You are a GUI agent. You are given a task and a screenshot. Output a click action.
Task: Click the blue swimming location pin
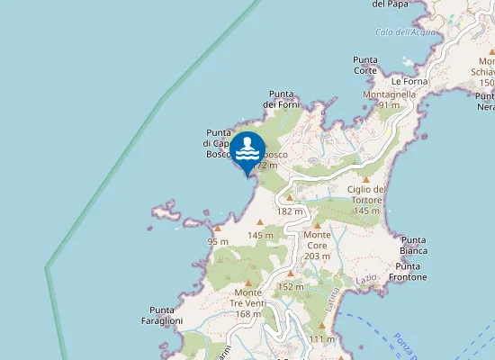tap(247, 151)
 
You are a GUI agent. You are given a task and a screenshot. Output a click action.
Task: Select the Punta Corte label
tap(365, 65)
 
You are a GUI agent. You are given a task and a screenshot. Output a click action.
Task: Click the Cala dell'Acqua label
tap(406, 32)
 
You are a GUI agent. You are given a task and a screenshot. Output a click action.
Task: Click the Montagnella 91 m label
tap(389, 99)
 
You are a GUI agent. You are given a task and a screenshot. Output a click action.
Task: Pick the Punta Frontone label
tap(413, 272)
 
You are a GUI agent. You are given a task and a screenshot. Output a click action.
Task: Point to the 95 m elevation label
tap(218, 242)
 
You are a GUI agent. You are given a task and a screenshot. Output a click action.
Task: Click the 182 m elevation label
tap(290, 211)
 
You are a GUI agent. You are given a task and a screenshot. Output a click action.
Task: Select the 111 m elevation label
tap(321, 338)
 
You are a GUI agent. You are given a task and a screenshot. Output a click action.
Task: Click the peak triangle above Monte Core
tap(318, 225)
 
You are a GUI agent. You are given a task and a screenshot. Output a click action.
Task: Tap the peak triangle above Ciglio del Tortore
tap(366, 179)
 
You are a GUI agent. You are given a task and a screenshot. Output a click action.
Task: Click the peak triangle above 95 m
tap(217, 229)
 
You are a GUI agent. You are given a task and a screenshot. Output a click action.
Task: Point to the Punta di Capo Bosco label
tap(220, 143)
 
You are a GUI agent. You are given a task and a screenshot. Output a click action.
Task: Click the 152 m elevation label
tap(290, 287)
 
